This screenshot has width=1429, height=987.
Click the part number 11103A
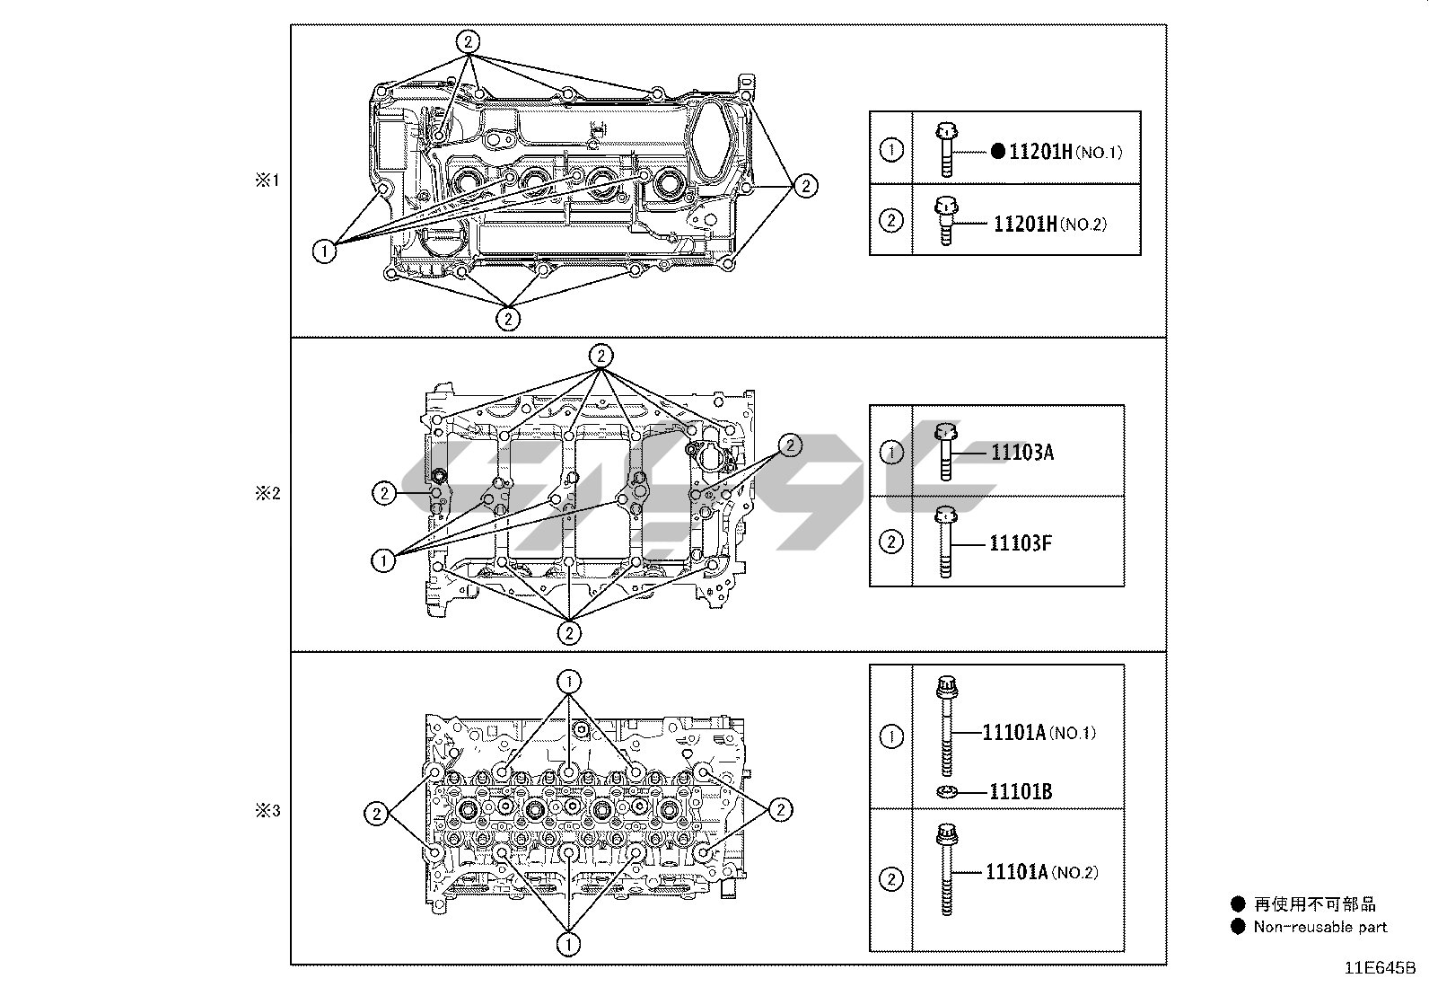coord(1021,452)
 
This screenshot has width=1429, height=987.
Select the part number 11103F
coord(1021,543)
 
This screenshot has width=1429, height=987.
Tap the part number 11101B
coord(1021,791)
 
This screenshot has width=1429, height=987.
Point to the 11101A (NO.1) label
coord(1039,733)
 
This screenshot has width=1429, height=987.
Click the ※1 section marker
coord(267,181)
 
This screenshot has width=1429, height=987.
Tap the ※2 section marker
coord(267,492)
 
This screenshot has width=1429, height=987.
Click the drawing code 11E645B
coord(1379,968)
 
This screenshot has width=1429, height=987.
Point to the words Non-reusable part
coord(1319,927)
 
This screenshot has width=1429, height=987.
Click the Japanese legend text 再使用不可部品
coord(1314,904)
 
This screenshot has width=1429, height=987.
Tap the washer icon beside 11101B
coord(946,791)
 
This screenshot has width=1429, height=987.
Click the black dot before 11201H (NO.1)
coord(998,152)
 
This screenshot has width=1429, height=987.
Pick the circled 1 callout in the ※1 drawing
coord(324,251)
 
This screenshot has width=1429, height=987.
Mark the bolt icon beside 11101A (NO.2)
coord(946,869)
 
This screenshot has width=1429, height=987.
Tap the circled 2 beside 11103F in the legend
coord(890,542)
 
